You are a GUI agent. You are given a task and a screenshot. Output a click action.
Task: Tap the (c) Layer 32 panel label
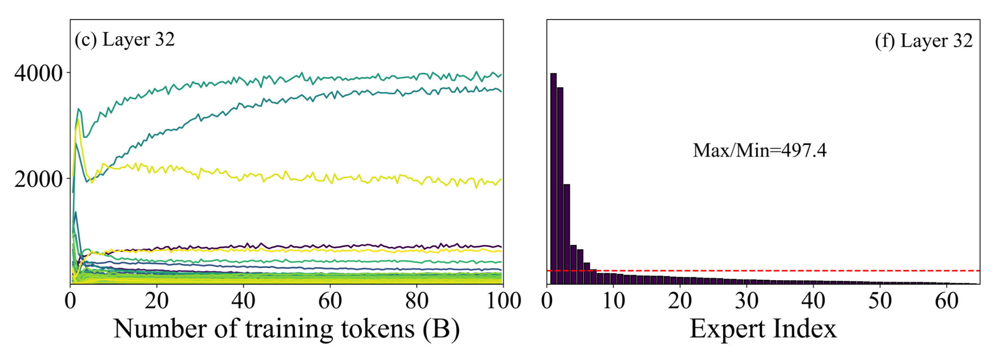pos(125,40)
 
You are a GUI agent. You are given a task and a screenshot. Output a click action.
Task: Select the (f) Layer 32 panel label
pos(924,41)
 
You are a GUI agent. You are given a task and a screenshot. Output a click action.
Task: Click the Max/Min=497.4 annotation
pos(759,150)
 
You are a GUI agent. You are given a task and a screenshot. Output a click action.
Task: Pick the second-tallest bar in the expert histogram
pos(560,185)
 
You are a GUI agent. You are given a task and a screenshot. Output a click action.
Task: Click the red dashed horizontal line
pos(782,271)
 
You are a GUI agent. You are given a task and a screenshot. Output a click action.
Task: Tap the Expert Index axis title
pos(763,329)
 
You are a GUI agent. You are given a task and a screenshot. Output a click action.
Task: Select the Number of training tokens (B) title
pos(286,329)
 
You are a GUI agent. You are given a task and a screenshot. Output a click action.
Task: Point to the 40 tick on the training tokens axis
pos(243,301)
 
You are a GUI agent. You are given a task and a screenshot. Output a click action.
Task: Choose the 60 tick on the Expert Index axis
pos(946,301)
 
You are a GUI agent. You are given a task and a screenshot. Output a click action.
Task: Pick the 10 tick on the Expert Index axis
pos(613,301)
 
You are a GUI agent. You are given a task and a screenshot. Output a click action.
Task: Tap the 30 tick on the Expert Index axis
pos(747,301)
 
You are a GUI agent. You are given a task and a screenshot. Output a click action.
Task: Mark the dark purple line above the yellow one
pos(370,246)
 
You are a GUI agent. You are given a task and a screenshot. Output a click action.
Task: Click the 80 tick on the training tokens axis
pos(417,301)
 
